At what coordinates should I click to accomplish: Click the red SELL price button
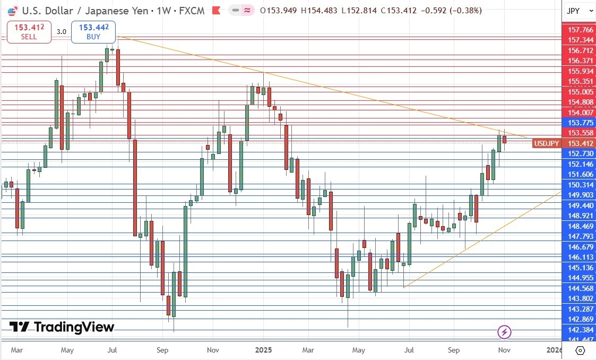[29, 32]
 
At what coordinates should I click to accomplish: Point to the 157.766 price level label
[580, 30]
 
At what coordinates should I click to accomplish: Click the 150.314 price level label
[580, 185]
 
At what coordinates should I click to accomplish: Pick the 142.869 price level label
[580, 319]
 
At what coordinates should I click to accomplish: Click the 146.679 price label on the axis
[580, 247]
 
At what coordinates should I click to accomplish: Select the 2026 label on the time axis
[555, 350]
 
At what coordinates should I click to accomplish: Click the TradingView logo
[62, 327]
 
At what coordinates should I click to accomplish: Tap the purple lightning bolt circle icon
[504, 332]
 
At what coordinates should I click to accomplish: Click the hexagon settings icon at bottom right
[580, 350]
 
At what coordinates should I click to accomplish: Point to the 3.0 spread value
[62, 32]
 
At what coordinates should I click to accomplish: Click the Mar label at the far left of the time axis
[17, 350]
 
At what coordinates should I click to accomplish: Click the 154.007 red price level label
[580, 112]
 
